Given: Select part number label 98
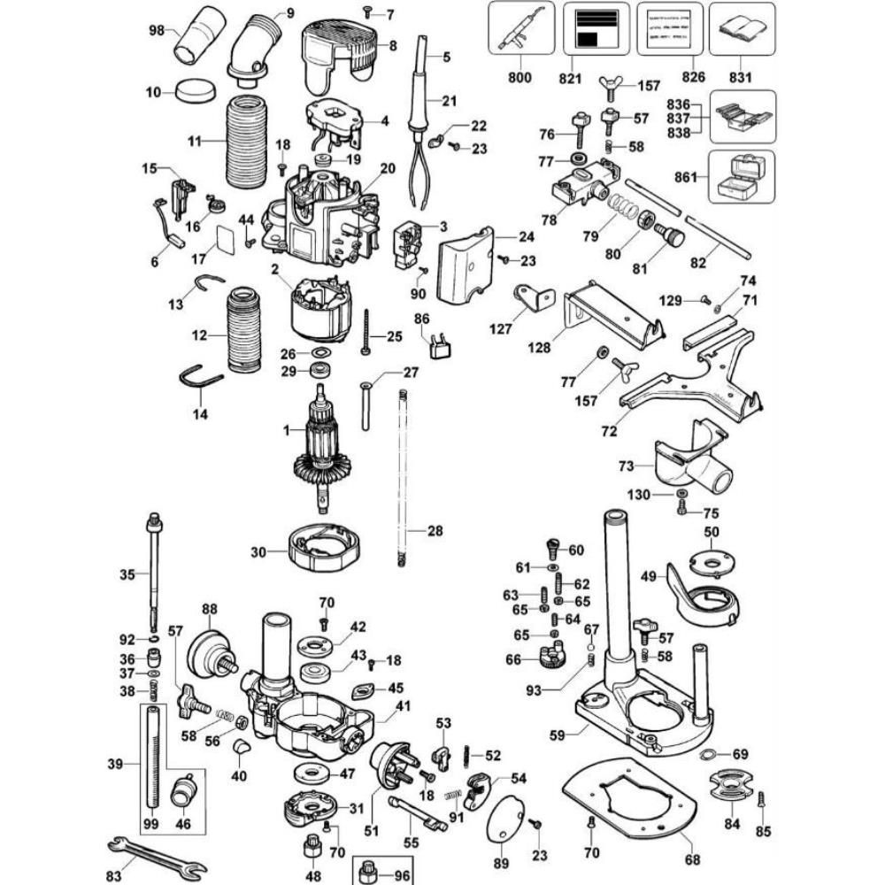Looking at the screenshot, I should coord(157,31).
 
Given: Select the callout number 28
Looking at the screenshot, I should coord(435,531).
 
